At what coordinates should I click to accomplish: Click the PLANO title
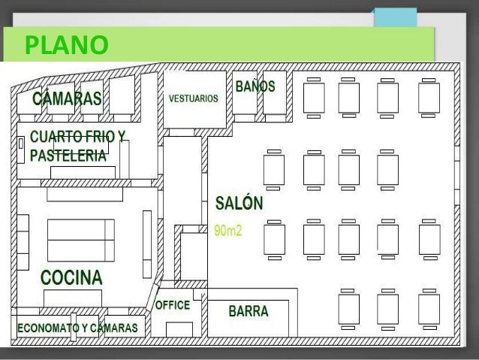coord(67,45)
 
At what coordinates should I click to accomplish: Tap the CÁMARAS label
coord(67,98)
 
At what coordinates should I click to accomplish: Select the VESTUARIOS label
coord(194,98)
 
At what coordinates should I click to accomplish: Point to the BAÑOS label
coord(255,86)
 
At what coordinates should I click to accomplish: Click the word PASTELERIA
coord(68,156)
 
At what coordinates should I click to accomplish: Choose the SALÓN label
coord(239,203)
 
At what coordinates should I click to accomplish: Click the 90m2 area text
coord(228,231)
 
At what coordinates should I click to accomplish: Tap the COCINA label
coord(71,277)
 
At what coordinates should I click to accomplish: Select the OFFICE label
coord(173,305)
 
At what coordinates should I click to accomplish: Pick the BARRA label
coord(249,311)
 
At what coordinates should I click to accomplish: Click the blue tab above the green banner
coord(396,18)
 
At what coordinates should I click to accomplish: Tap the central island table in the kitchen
coord(81,241)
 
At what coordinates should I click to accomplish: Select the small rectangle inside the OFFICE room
coord(179,330)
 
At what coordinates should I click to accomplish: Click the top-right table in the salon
coord(429,98)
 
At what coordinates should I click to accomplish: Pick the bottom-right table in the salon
coord(429,309)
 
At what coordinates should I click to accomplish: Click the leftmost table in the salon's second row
coord(274,170)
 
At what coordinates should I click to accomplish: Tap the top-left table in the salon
coord(314,98)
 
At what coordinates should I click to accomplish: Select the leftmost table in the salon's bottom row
coord(348,309)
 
